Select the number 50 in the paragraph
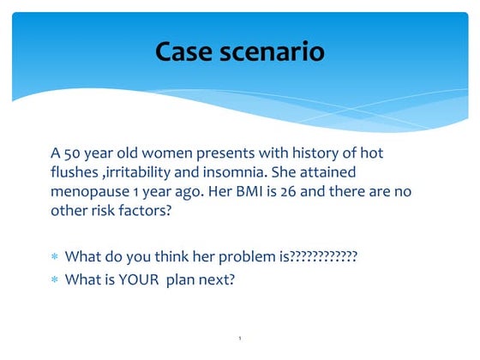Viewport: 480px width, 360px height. [x=75, y=153]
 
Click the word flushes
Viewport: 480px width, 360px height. [x=75, y=172]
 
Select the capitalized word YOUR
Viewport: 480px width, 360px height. [x=141, y=279]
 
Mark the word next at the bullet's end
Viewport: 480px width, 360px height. [x=218, y=279]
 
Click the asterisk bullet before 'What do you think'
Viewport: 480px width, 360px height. [x=55, y=256]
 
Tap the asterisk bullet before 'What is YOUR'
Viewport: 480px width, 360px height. [x=55, y=279]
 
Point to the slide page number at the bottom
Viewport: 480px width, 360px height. [x=240, y=339]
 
